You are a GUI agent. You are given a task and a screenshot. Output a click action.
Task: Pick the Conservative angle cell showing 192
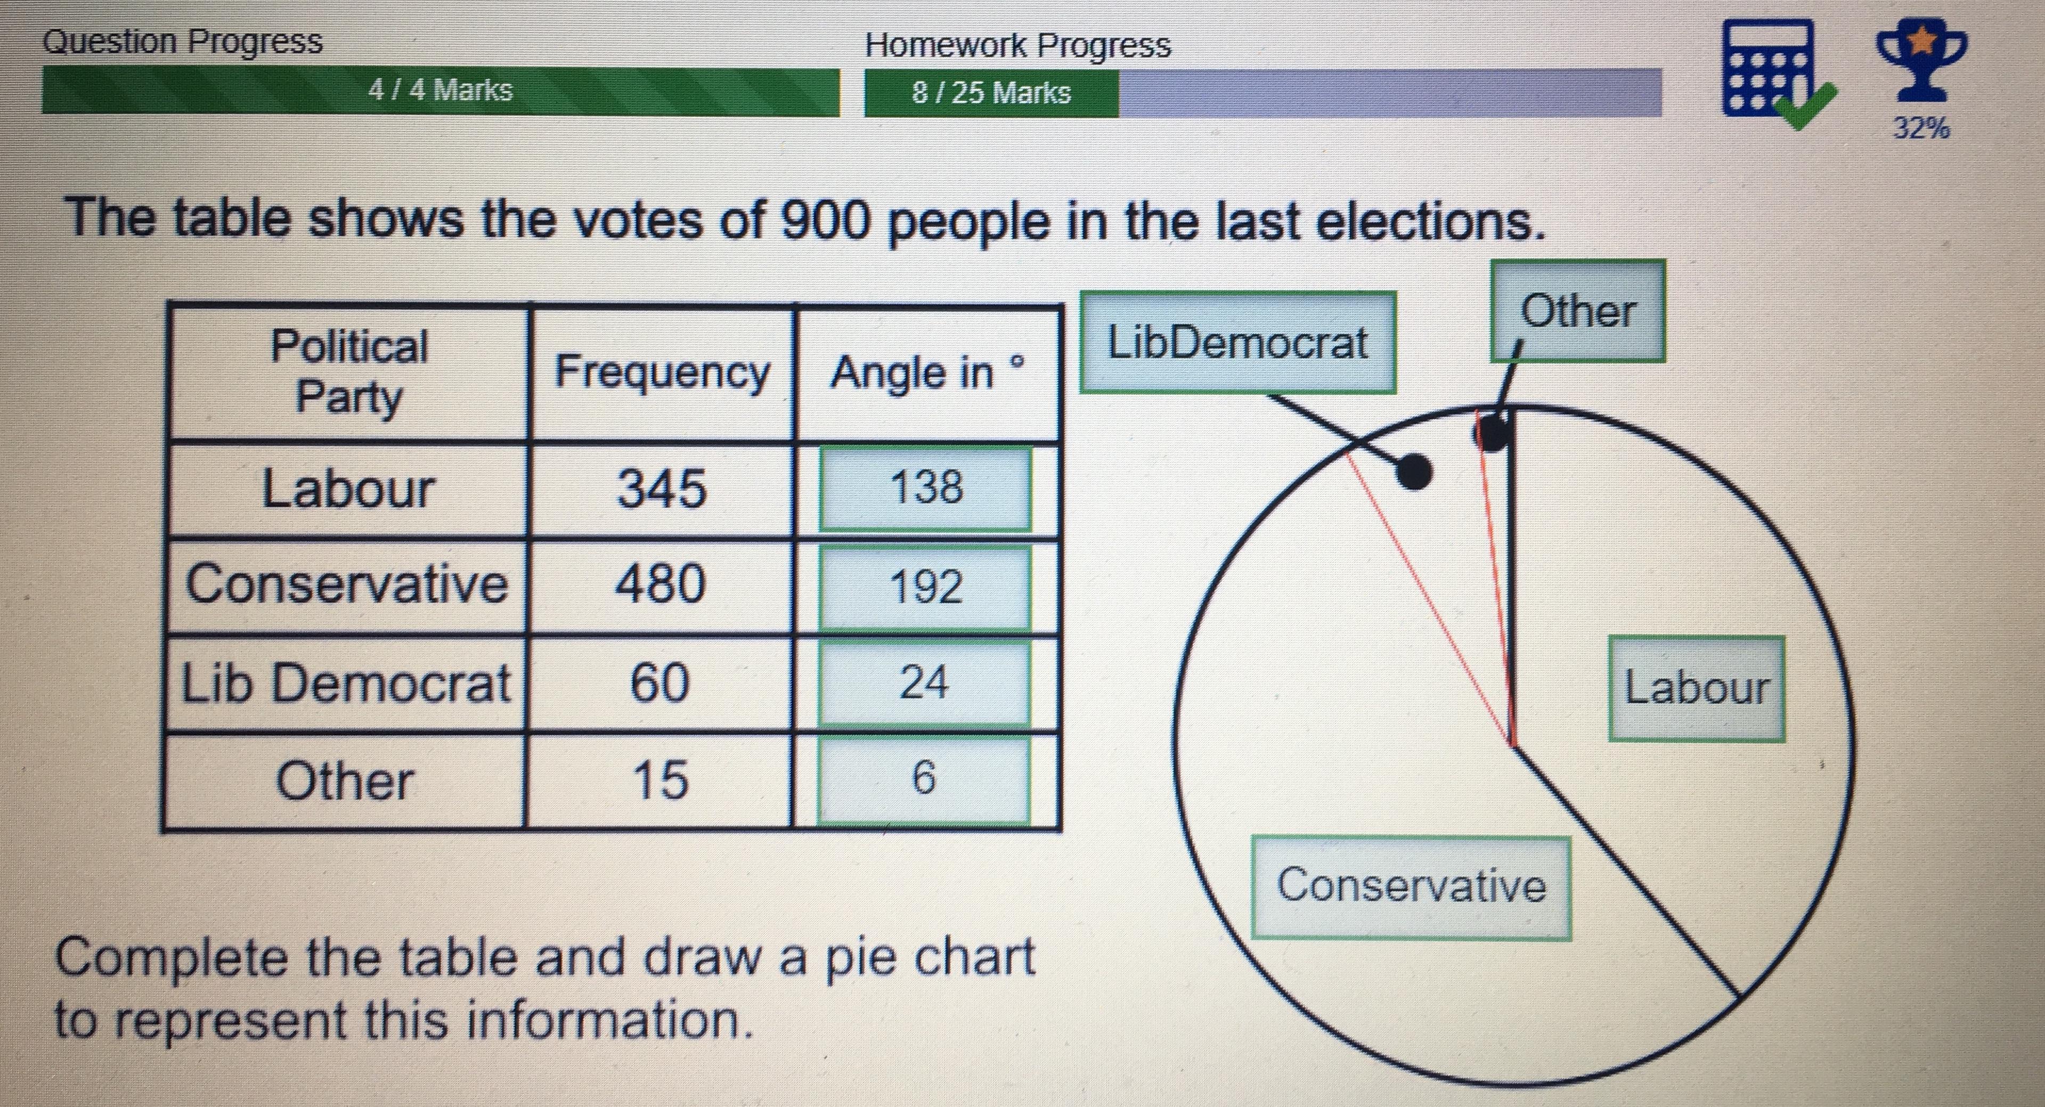point(926,587)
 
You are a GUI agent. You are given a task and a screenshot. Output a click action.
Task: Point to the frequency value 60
point(659,682)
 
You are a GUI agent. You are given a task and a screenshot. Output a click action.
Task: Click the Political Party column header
point(349,372)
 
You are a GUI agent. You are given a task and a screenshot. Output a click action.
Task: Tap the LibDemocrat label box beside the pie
point(1237,342)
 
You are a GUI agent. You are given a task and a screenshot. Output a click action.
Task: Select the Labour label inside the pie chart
point(1697,688)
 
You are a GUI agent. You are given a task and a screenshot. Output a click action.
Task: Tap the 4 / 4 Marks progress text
point(441,89)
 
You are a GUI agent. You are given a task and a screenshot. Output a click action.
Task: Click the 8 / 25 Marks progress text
point(991,93)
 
